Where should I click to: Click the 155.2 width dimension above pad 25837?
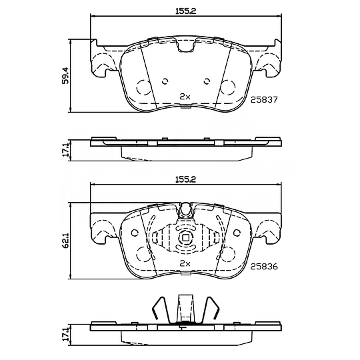(x=186, y=11)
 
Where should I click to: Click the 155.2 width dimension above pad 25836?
(x=186, y=179)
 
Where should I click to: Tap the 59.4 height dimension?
(x=65, y=75)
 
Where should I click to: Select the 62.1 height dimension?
(x=65, y=241)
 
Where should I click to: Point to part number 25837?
(x=264, y=99)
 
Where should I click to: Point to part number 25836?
(x=264, y=267)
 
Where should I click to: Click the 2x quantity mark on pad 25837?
(x=185, y=97)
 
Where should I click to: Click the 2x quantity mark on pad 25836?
(x=185, y=264)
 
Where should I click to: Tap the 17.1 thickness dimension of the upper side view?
(x=65, y=150)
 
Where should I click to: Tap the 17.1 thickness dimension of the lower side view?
(x=65, y=334)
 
